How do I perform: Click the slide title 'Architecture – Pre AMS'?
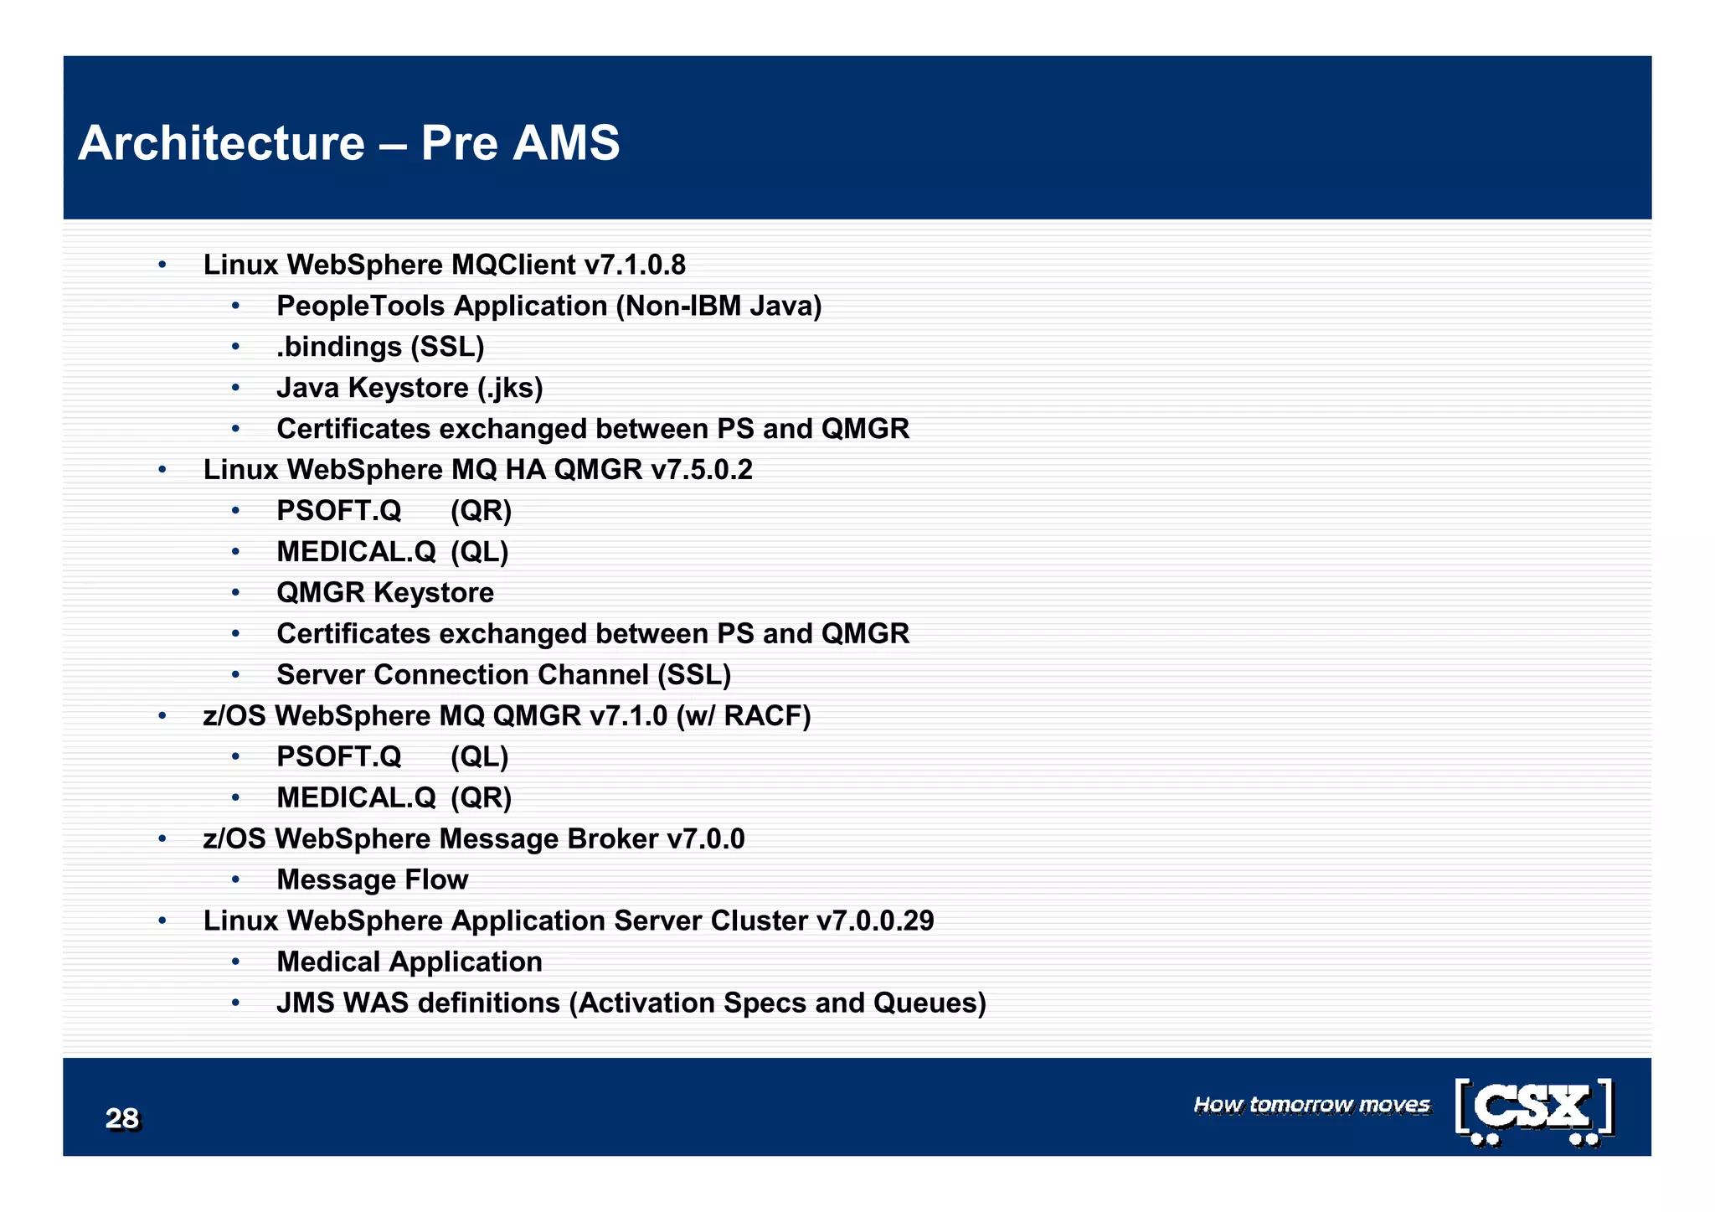click(348, 142)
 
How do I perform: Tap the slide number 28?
click(122, 1118)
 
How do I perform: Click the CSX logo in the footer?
click(1534, 1111)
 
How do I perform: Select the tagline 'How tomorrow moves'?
click(1311, 1105)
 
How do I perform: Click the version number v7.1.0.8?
click(635, 265)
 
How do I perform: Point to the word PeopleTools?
click(362, 306)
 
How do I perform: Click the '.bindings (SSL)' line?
click(380, 347)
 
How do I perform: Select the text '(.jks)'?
click(510, 388)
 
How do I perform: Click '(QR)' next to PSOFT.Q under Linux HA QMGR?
click(481, 511)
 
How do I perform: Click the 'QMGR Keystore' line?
click(385, 593)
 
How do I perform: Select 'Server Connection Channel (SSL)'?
click(503, 675)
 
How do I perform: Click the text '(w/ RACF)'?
click(744, 716)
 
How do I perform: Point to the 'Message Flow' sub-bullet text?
click(372, 879)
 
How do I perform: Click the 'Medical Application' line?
click(409, 962)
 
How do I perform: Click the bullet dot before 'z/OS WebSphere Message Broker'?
click(162, 839)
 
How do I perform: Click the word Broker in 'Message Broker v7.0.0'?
click(612, 839)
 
